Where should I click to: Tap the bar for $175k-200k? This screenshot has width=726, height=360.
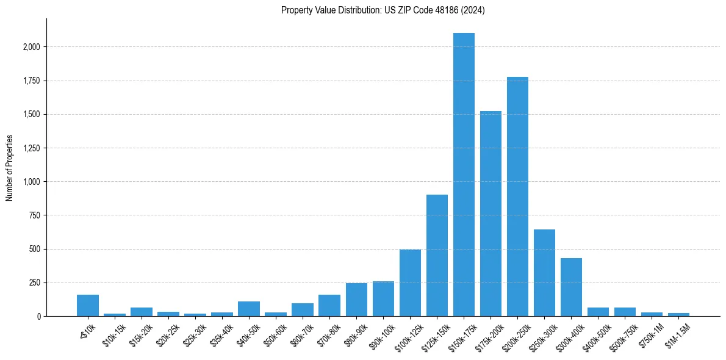[491, 214]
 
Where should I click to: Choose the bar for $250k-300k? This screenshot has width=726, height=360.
[544, 273]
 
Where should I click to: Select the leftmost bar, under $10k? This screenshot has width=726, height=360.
[88, 306]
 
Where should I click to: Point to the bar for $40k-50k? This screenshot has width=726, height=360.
[249, 309]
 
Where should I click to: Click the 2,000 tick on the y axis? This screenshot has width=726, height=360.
[32, 47]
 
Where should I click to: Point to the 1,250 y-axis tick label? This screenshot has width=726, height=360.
[32, 148]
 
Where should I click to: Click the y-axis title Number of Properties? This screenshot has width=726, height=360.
[9, 168]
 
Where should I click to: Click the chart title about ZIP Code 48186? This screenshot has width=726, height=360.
[383, 10]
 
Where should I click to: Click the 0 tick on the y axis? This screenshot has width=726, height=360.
[39, 317]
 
